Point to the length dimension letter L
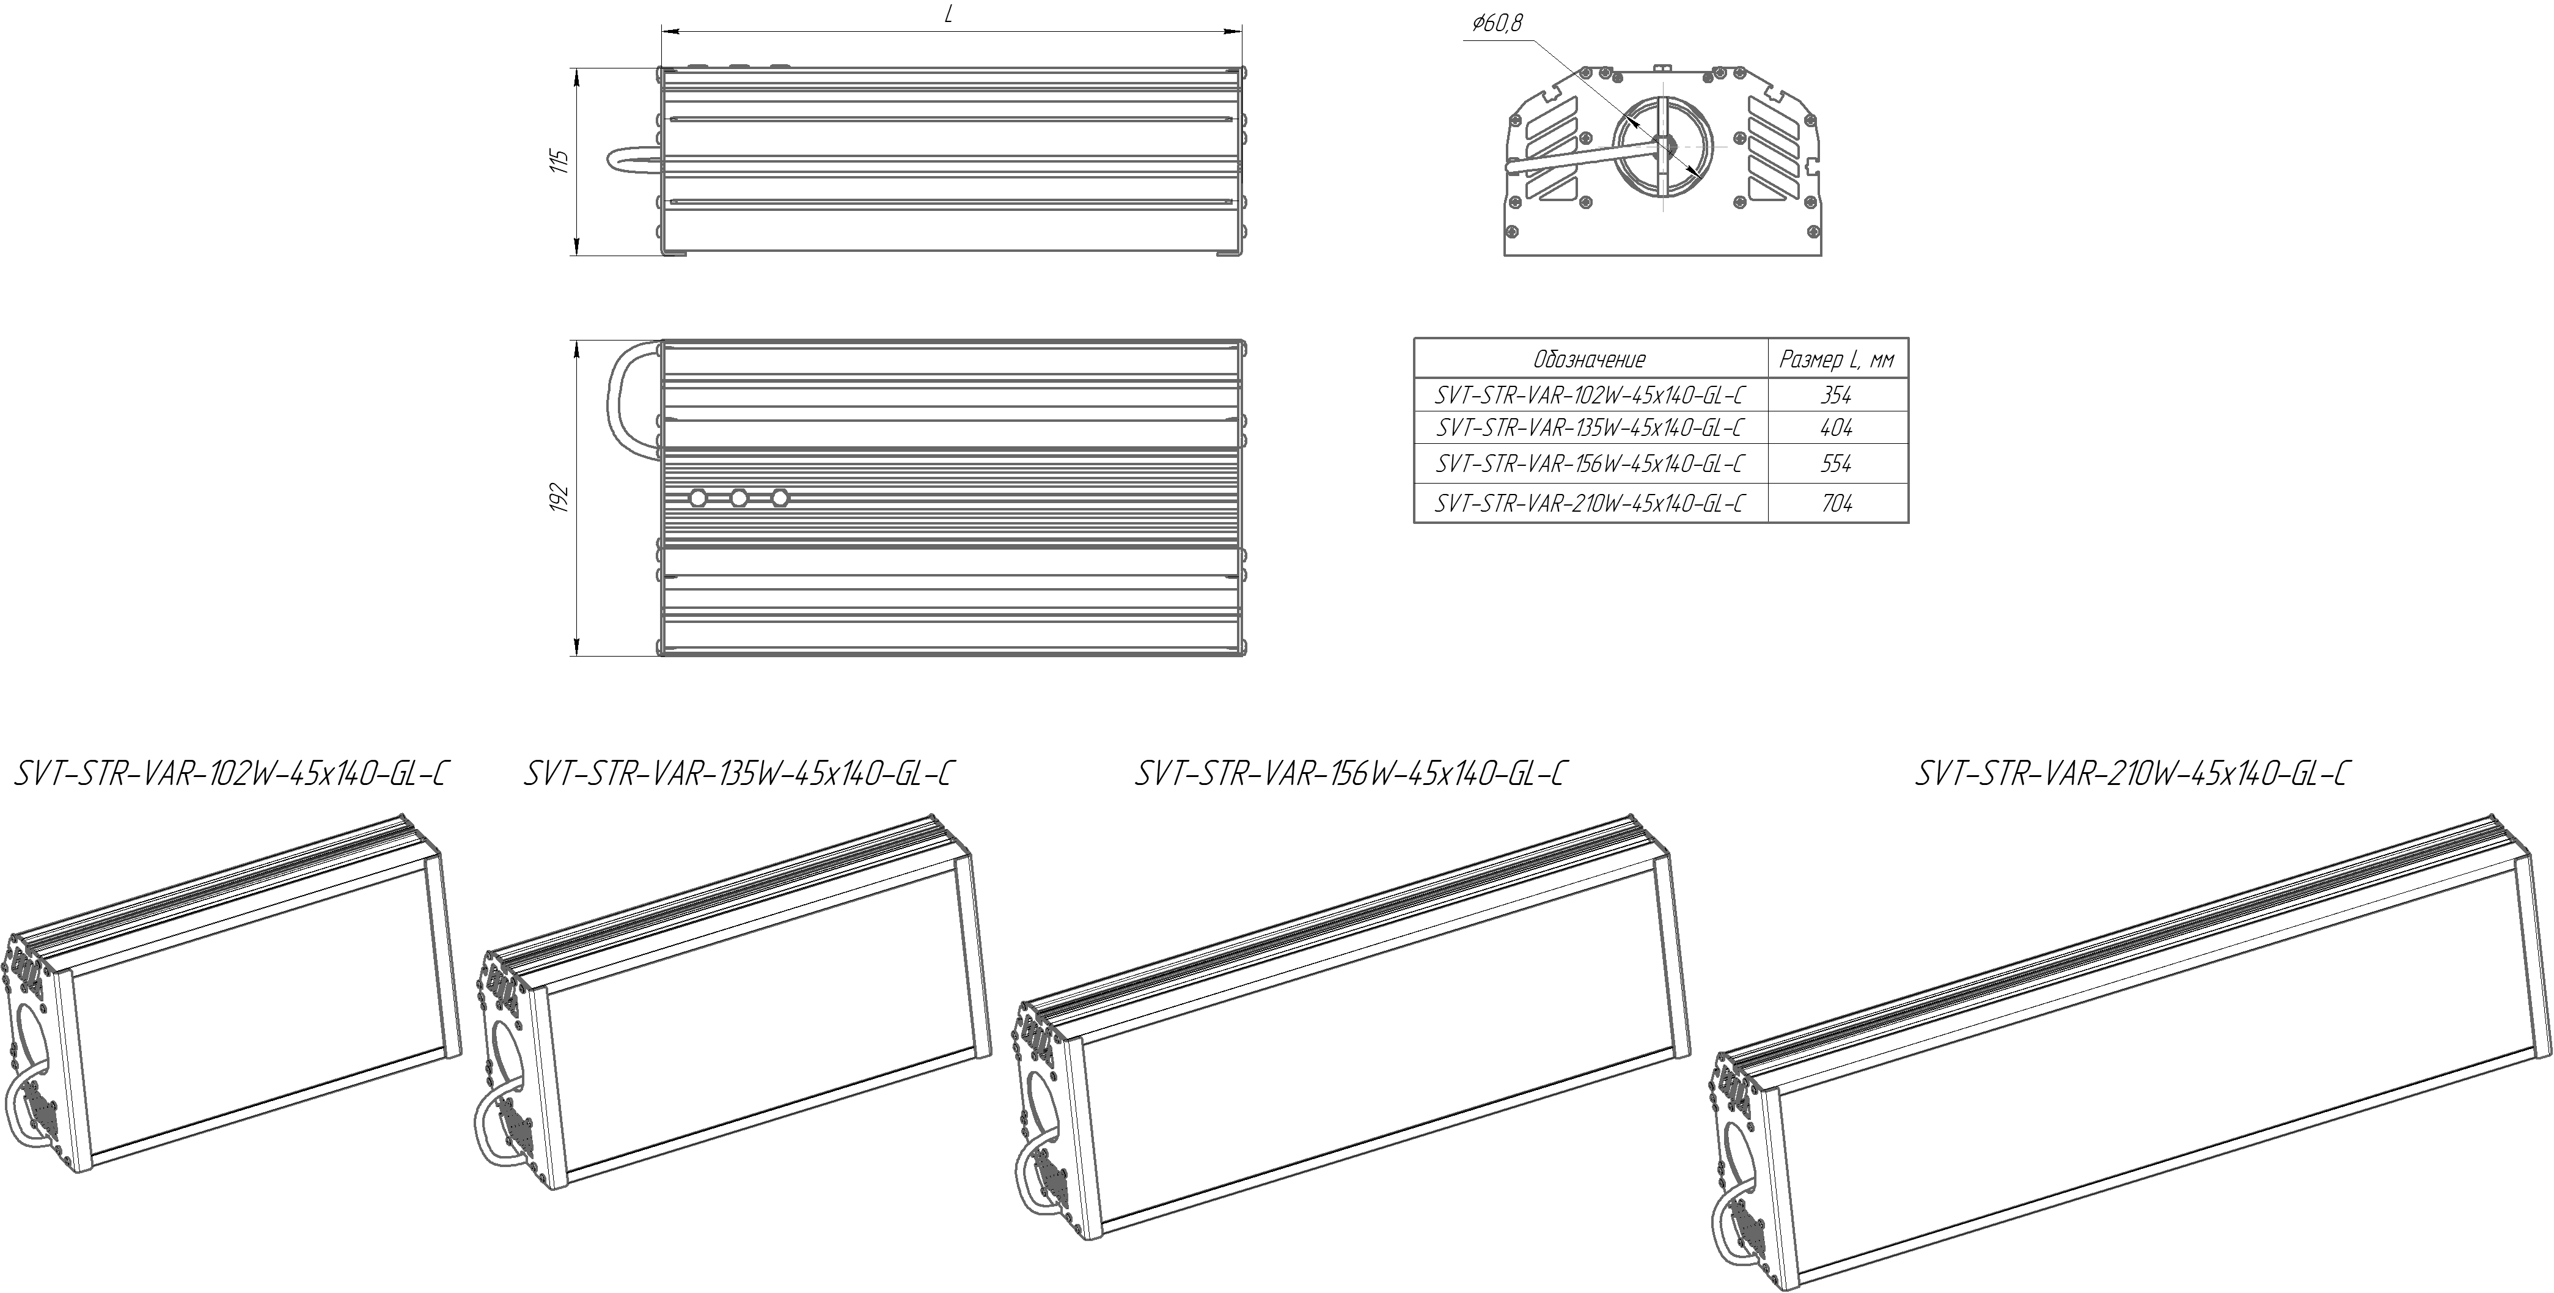(x=949, y=17)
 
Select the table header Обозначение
(x=1590, y=359)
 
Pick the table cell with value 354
(x=1836, y=395)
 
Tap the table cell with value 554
(x=1836, y=463)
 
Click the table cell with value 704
(x=1836, y=503)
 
